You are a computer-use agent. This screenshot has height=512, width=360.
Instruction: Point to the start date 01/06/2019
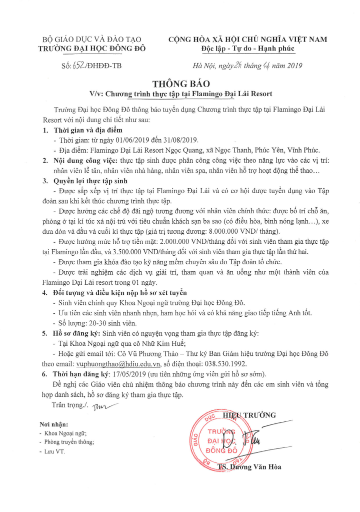coord(116,140)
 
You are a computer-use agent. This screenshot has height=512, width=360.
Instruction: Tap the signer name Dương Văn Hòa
coord(256,467)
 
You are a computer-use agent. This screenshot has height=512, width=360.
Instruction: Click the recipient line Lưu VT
coord(55,451)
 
